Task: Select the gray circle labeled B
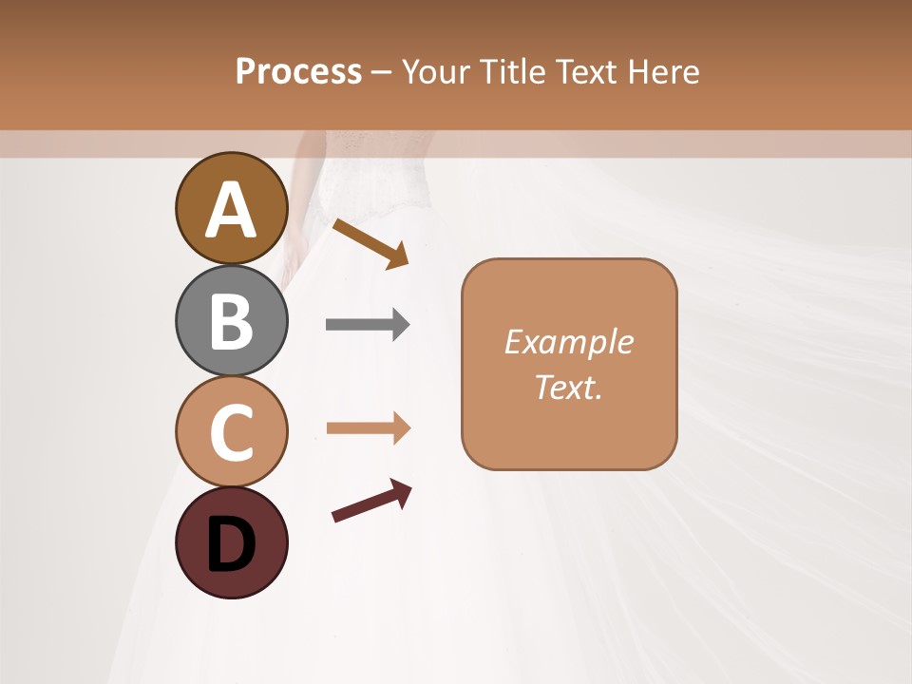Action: (x=231, y=321)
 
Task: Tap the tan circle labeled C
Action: (x=231, y=431)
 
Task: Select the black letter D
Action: (x=231, y=545)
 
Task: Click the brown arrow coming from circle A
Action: (x=370, y=243)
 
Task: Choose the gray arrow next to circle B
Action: (x=367, y=325)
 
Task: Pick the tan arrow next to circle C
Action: (x=367, y=428)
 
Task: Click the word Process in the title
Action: (x=298, y=71)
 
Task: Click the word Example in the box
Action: (x=568, y=342)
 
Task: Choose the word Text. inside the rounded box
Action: (x=568, y=387)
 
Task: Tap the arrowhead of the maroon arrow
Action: (x=402, y=491)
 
